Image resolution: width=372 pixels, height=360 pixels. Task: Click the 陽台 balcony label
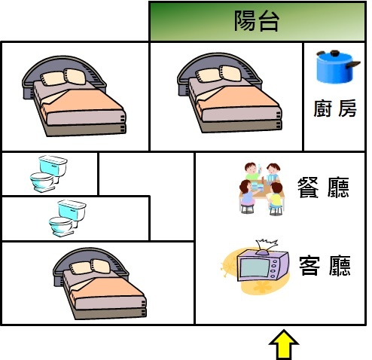(257, 21)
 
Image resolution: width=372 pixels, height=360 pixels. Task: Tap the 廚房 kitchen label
(335, 108)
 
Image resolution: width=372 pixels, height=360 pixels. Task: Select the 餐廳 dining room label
(323, 188)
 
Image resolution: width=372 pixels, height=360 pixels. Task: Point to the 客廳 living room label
(325, 266)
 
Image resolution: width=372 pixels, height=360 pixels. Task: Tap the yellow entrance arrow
(284, 344)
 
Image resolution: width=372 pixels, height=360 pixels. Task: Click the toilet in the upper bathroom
(48, 174)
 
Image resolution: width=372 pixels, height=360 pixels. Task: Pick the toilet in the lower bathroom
(67, 218)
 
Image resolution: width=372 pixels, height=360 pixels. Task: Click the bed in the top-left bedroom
(75, 96)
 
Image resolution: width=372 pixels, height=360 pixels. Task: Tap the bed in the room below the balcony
(230, 93)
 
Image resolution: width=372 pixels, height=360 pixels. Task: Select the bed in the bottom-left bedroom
(99, 283)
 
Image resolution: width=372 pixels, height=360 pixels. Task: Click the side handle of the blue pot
(353, 65)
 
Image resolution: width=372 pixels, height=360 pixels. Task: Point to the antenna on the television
(267, 246)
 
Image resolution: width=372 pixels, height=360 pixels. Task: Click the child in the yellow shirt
(276, 198)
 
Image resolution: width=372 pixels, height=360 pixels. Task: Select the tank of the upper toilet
(53, 165)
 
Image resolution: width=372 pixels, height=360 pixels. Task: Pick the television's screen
(255, 267)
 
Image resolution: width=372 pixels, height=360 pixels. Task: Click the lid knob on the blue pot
(334, 53)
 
